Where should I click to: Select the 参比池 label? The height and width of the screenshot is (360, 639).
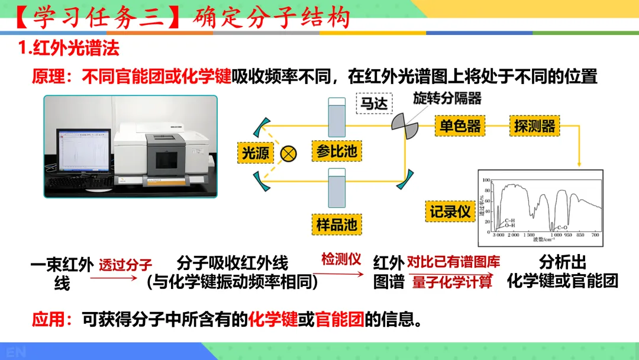336,151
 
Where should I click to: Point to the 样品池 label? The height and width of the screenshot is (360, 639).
336,224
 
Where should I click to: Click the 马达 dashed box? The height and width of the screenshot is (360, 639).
375,103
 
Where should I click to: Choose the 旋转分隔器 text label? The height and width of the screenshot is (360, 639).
447,98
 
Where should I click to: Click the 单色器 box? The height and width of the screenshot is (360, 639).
459,126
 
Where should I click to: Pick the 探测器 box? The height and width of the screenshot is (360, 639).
535,126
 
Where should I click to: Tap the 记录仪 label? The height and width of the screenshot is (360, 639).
450,211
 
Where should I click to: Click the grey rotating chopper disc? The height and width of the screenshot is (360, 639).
405,123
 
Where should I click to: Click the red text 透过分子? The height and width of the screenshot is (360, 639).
125,265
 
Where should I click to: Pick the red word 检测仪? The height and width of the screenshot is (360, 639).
341,259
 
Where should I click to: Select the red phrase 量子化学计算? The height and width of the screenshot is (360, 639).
453,282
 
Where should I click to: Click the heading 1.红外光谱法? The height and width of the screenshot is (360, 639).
69,47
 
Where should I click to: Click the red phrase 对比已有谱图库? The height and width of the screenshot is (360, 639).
453,262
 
